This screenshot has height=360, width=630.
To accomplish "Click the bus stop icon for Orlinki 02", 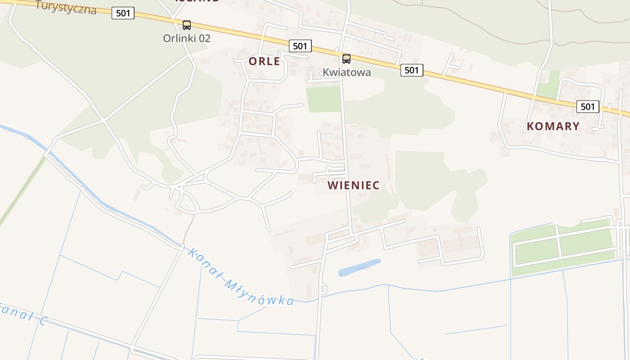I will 187,25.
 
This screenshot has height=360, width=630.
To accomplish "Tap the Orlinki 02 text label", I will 186,38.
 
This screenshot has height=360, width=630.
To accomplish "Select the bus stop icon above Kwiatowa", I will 346,59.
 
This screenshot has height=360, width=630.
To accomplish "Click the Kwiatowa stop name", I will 346,72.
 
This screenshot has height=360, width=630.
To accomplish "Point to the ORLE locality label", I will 264,62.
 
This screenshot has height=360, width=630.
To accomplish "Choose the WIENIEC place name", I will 353,185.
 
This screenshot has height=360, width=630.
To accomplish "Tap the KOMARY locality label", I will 553,126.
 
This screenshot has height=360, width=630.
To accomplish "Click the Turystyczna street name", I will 66,7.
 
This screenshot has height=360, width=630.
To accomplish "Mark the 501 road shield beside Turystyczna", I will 123,13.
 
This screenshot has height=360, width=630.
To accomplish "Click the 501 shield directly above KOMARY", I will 588,107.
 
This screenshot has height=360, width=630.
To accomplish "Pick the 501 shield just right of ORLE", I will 300,46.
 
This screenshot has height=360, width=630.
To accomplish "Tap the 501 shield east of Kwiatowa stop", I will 412,70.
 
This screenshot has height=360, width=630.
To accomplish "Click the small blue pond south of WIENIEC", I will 359,267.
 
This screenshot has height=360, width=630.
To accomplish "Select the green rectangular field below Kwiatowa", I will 323,99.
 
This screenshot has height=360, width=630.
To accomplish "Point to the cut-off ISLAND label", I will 198,1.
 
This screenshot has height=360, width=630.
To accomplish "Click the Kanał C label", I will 22,314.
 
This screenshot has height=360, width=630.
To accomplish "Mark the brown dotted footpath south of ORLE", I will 189,229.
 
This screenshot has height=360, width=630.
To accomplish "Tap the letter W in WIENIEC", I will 333,185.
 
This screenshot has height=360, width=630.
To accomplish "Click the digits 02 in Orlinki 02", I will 204,38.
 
